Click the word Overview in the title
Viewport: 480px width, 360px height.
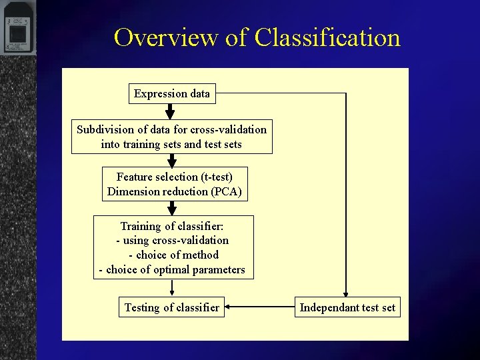point(167,37)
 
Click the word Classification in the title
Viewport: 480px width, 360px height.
point(327,37)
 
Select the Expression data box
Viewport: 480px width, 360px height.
point(171,93)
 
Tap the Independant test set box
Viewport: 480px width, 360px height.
point(347,307)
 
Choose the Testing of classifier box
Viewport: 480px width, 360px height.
point(171,307)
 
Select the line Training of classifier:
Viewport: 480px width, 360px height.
point(172,227)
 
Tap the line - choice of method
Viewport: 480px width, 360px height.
point(173,255)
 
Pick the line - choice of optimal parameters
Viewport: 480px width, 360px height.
point(172,270)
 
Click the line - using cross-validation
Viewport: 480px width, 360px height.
point(172,241)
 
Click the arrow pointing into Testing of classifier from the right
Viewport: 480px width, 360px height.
point(260,307)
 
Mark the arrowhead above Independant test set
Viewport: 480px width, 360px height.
point(346,293)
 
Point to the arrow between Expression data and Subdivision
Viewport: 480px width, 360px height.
point(170,111)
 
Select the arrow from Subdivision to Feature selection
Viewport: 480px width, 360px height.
point(171,160)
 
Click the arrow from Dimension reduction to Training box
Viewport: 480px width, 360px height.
point(172,208)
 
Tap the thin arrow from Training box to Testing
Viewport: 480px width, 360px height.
point(172,287)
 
